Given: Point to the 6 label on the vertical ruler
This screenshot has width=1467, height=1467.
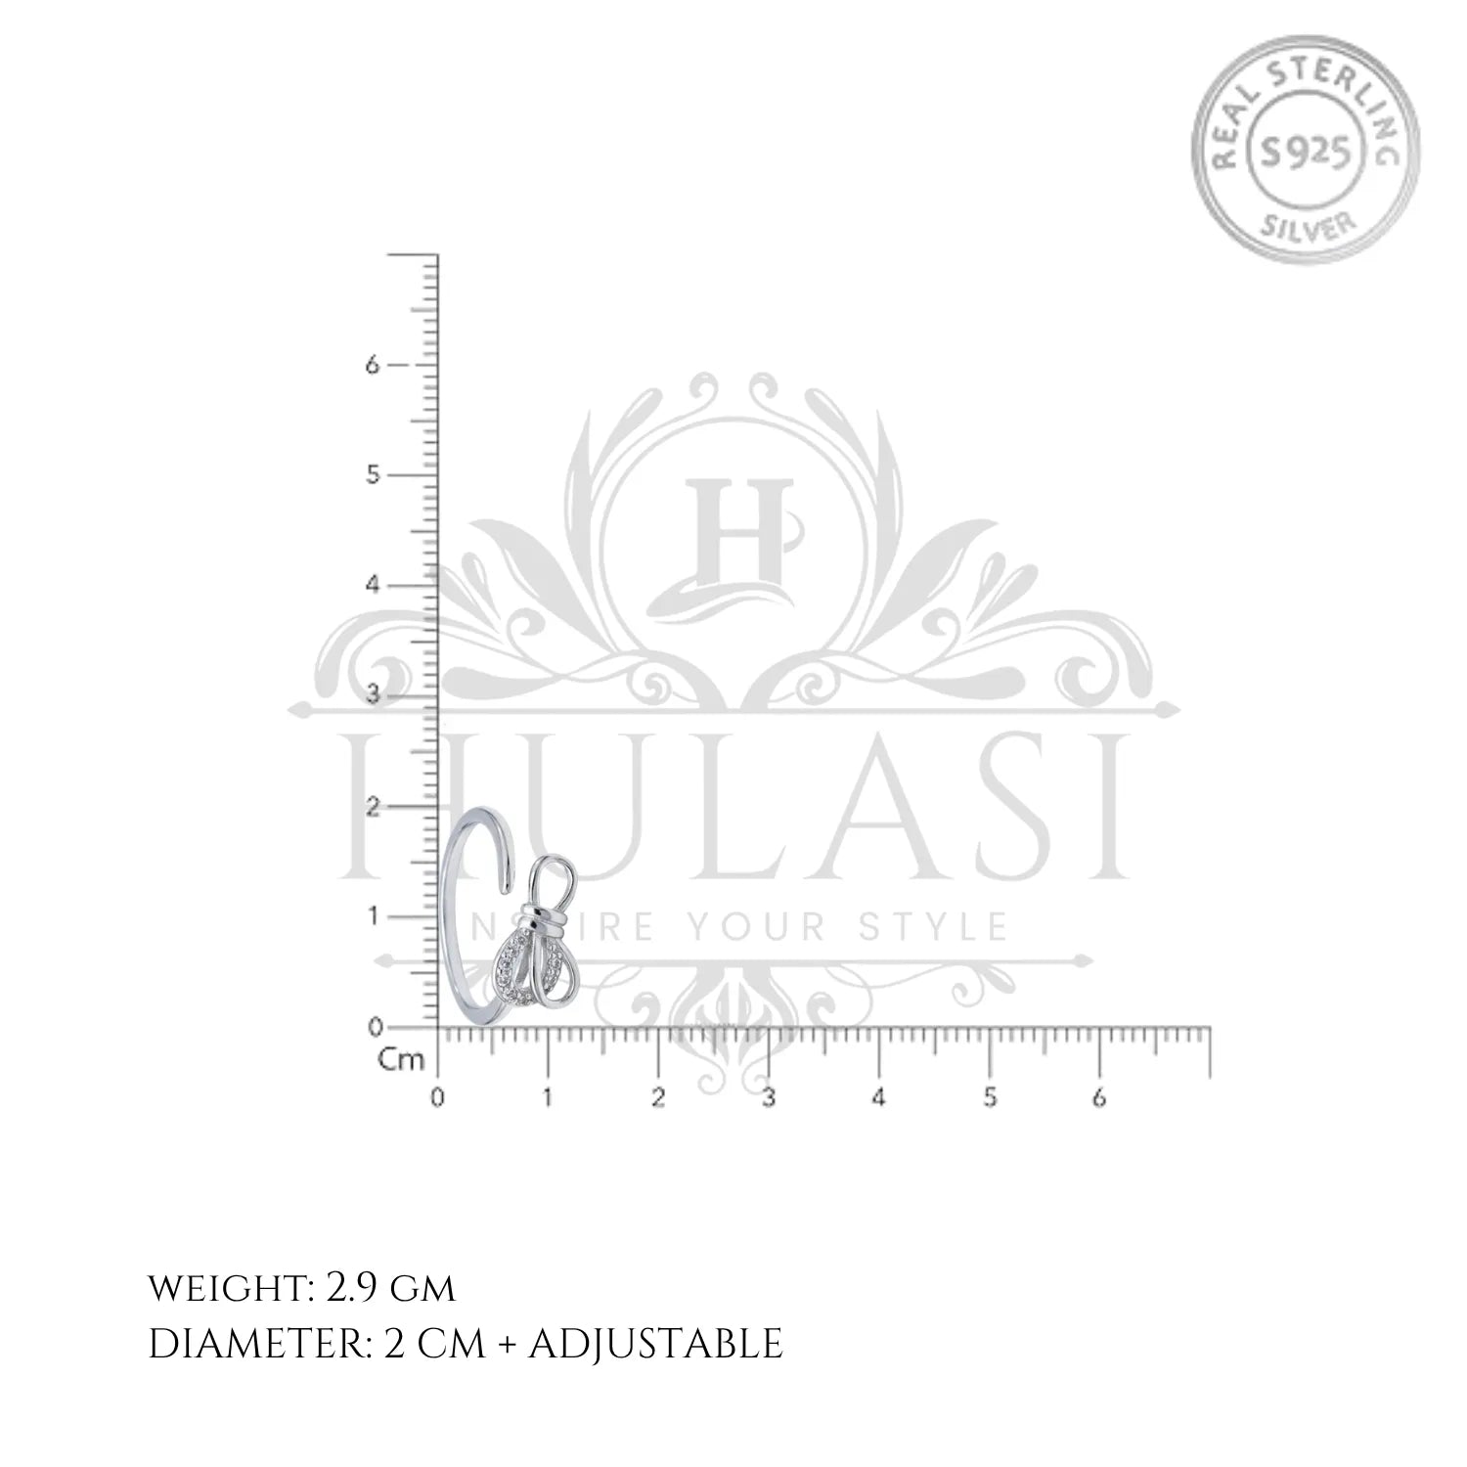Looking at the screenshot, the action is click(x=372, y=365).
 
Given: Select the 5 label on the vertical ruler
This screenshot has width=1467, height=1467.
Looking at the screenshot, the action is click(x=372, y=475).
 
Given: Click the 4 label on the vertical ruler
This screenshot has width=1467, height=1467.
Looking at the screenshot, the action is click(x=372, y=586).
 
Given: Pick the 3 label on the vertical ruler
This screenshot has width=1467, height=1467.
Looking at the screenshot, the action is click(x=372, y=696).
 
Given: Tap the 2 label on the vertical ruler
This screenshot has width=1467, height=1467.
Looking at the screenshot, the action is click(x=372, y=807).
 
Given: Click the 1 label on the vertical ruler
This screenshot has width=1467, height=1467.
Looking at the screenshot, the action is click(x=372, y=917).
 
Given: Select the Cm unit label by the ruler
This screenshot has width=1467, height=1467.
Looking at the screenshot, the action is click(x=402, y=1060).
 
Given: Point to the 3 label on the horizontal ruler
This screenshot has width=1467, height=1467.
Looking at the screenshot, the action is click(x=769, y=1097).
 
